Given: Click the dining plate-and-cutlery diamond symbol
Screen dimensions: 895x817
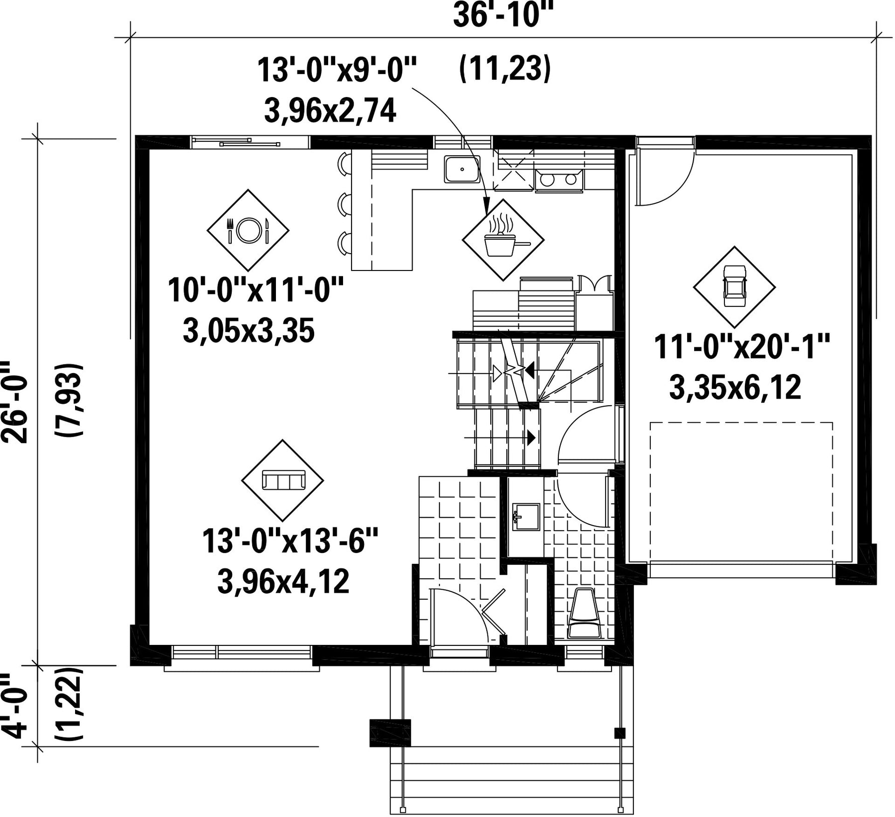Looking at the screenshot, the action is [248, 230].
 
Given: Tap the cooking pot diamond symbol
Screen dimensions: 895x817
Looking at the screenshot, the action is [503, 240].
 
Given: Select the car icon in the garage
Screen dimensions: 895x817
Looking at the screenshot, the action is [734, 286].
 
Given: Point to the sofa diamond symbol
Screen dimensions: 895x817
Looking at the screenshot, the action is [282, 480].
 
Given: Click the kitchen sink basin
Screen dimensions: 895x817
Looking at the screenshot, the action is [462, 169].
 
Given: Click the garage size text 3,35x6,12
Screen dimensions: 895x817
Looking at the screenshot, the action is [735, 388].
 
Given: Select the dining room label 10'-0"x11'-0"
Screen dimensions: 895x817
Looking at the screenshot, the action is [256, 290].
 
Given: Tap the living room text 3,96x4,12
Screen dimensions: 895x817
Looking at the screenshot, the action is [283, 582].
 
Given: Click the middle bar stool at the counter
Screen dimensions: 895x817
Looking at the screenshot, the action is [344, 204].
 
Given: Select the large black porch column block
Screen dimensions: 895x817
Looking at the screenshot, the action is [390, 733].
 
